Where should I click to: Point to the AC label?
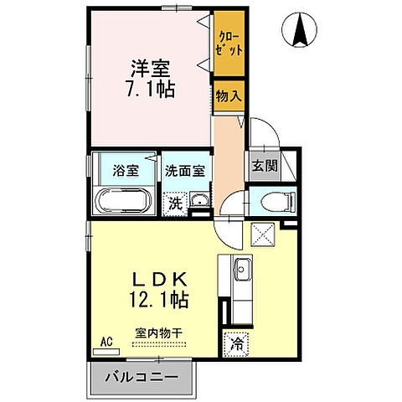click(x=106, y=341)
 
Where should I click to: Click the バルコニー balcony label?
click(x=141, y=377)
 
